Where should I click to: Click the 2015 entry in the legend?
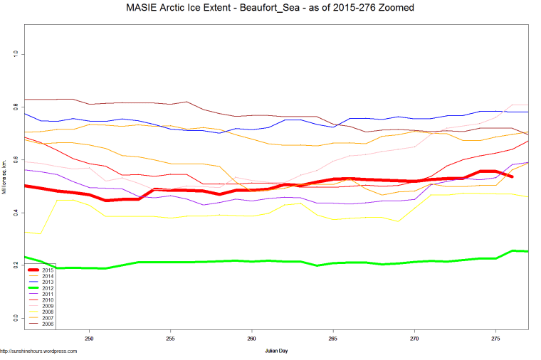[48, 270]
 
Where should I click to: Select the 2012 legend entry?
[48, 287]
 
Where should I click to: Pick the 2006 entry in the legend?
[48, 324]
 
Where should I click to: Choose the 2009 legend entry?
[48, 306]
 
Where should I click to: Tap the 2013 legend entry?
[48, 282]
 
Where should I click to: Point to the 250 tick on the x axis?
[89, 339]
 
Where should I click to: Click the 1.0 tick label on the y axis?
[15, 54]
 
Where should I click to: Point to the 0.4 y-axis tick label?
[15, 212]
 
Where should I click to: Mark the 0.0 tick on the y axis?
[15, 318]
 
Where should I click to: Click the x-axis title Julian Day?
[275, 351]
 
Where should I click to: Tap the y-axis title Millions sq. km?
[4, 186]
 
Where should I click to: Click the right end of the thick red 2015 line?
[511, 176]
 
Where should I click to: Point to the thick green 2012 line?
[285, 262]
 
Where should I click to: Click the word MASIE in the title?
[142, 7]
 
